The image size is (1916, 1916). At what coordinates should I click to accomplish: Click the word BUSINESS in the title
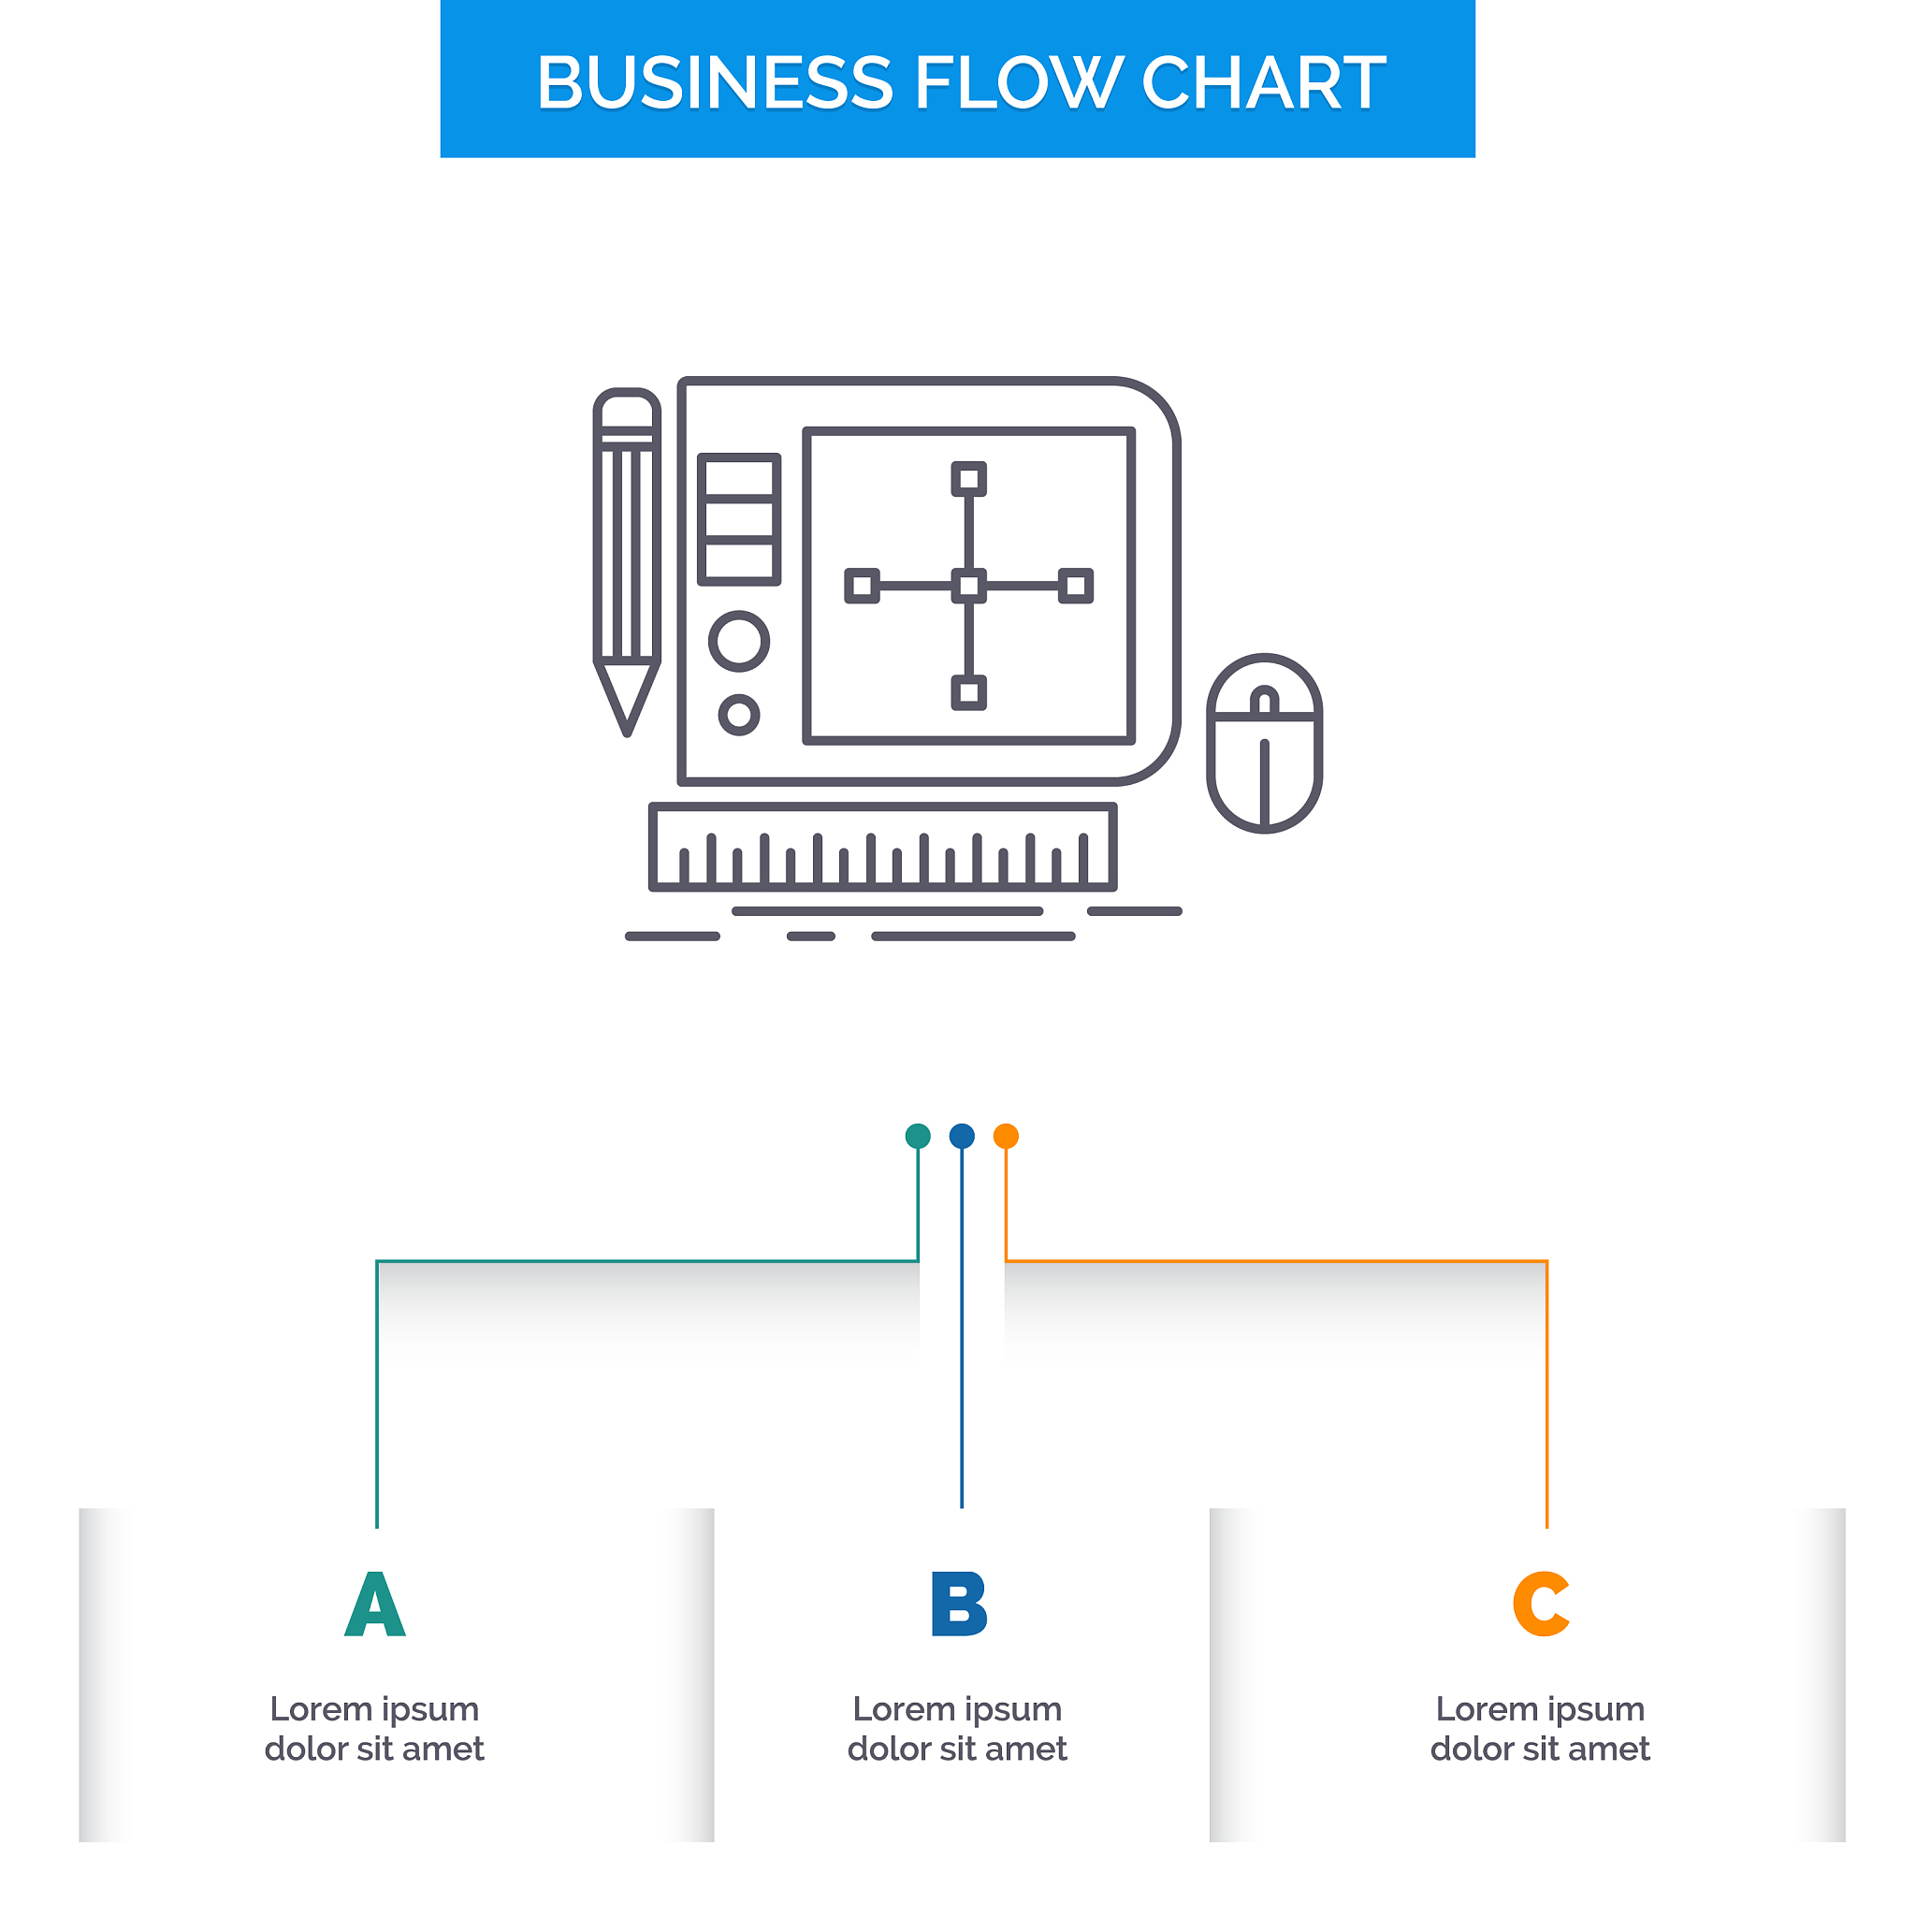[x=715, y=82]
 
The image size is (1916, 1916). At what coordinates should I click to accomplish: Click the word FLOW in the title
[x=1017, y=82]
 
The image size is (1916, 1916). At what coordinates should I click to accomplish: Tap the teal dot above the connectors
[x=919, y=1137]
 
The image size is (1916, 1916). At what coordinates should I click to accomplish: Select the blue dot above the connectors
[x=962, y=1137]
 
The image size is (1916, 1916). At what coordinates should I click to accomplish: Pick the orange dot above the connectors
[x=1006, y=1137]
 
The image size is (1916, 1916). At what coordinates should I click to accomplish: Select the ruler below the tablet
[x=882, y=848]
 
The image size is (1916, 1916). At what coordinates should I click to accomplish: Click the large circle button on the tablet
[x=739, y=642]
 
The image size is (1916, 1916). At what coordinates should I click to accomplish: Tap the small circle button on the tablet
[x=739, y=715]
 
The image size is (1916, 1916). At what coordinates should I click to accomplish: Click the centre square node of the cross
[x=969, y=586]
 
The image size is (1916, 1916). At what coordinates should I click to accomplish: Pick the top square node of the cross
[x=969, y=479]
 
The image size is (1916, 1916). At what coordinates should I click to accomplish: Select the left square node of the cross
[x=862, y=586]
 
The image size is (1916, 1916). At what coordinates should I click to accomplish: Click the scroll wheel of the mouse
[x=1265, y=703]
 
